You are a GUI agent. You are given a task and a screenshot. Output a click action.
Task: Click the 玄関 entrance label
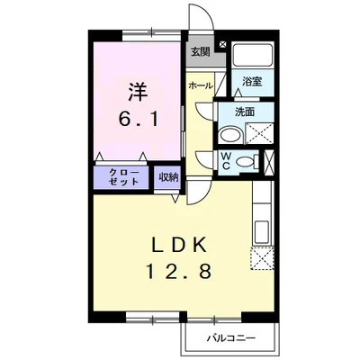pyautogui.click(x=200, y=50)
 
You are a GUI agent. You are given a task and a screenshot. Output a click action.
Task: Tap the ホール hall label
pyautogui.click(x=201, y=85)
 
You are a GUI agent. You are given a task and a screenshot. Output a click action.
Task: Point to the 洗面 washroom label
pyautogui.click(x=246, y=112)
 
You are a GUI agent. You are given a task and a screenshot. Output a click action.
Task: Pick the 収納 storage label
pyautogui.click(x=168, y=175)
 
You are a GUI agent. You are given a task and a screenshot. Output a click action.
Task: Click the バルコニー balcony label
pyautogui.click(x=230, y=338)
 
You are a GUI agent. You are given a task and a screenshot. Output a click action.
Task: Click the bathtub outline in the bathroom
pyautogui.click(x=255, y=57)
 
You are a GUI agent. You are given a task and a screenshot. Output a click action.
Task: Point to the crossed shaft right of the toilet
pyautogui.click(x=273, y=162)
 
